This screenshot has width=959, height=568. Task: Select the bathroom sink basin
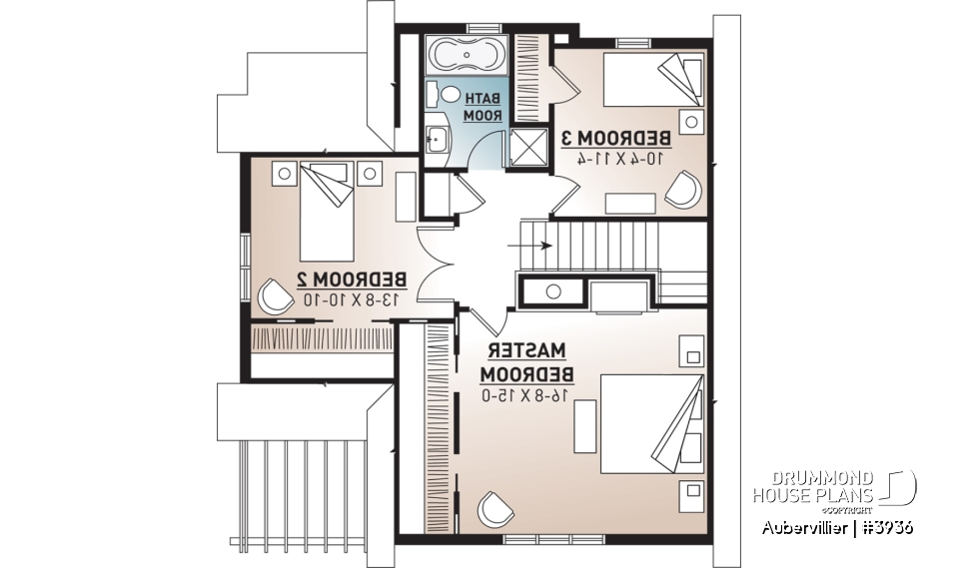437,136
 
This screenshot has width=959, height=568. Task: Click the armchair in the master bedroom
492,509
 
